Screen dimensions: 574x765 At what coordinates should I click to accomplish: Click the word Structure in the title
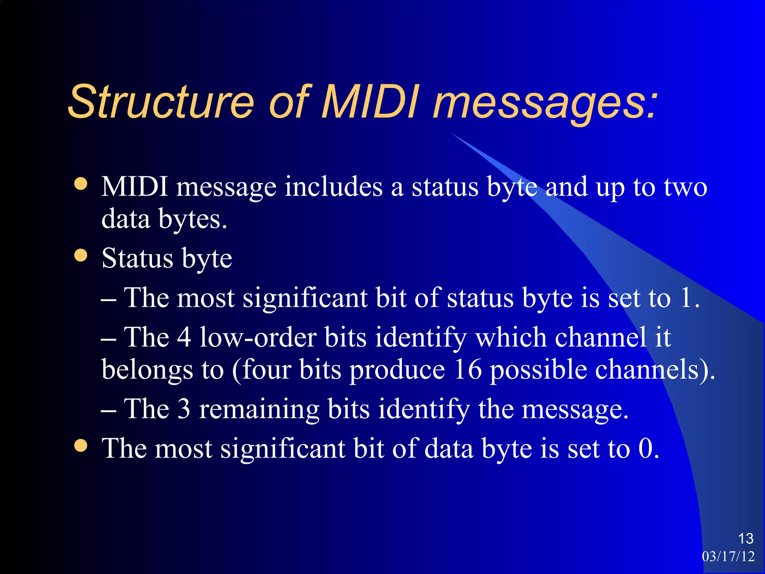(x=161, y=102)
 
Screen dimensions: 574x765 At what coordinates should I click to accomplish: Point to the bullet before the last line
(x=81, y=445)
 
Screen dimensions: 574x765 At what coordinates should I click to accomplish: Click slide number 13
(x=746, y=538)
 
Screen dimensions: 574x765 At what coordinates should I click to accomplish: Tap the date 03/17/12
(x=728, y=556)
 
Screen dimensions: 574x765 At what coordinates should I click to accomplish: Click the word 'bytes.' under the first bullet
(x=193, y=220)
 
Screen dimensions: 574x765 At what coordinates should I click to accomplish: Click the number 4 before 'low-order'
(x=184, y=337)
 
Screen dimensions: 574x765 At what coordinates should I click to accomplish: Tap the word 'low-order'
(x=258, y=337)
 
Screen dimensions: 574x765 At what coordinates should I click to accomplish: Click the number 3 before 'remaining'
(x=183, y=408)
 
